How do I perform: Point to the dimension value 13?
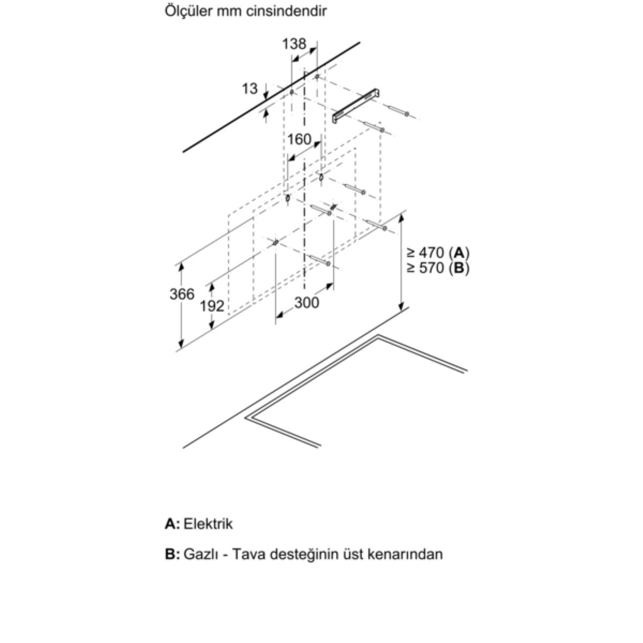pos(249,89)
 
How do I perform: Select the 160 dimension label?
pos(299,139)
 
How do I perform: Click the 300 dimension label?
pos(306,303)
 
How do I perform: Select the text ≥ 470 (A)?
pos(438,252)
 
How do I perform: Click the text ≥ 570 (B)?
pos(438,268)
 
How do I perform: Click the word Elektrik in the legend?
pos(208,524)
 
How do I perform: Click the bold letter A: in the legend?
pos(172,524)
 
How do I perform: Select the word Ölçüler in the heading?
pos(188,11)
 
